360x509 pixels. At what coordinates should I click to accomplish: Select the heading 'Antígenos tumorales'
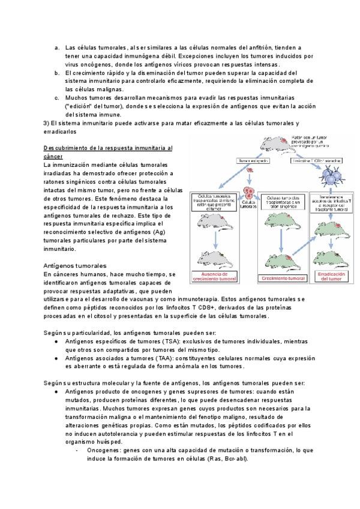pos(75,265)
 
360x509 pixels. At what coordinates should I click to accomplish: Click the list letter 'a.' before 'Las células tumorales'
pos(56,47)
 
